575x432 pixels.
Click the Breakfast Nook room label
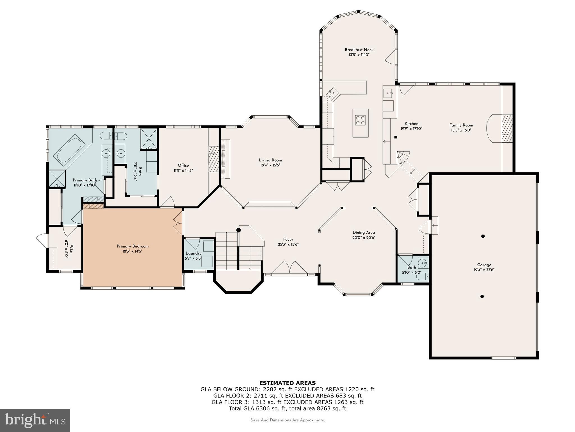[x=359, y=50]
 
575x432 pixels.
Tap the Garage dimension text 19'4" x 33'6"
[x=484, y=270]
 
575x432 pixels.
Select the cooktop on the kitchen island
[x=360, y=120]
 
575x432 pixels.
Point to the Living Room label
[x=270, y=160]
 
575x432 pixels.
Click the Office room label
[x=183, y=165]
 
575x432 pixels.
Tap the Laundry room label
[x=193, y=253]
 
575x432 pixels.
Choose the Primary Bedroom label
[x=133, y=246]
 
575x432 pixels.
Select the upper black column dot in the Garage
[x=483, y=236]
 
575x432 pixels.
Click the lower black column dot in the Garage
[x=482, y=296]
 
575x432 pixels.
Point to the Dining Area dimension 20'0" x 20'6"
[x=364, y=237]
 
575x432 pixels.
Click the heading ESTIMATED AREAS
[x=287, y=383]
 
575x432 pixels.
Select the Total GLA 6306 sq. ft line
[x=287, y=408]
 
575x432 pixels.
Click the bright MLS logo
[x=35, y=420]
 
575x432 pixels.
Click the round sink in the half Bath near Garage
[x=422, y=264]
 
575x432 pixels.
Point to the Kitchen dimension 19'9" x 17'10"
[x=411, y=129]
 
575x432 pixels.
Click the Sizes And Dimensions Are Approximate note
[x=287, y=420]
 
